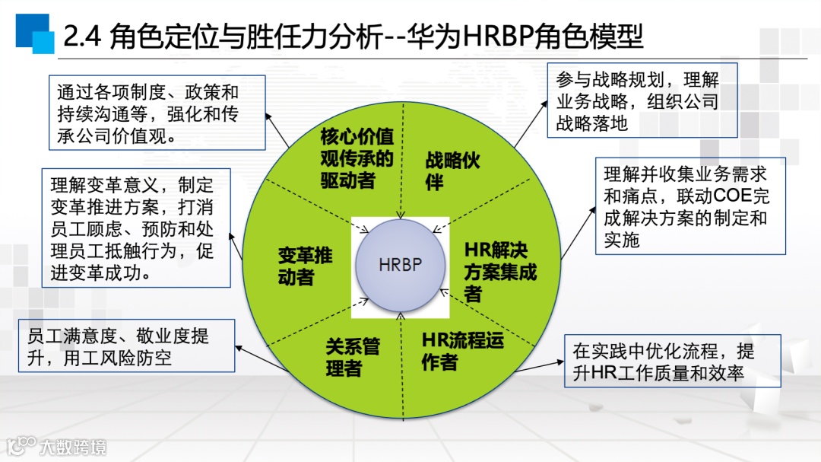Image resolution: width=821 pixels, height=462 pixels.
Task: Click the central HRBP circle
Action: (x=400, y=265)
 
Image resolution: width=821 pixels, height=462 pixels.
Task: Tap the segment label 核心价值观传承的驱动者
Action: (x=357, y=159)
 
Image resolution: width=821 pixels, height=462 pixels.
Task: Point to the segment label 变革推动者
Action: (x=305, y=266)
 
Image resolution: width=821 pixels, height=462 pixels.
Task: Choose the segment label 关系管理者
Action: (x=353, y=358)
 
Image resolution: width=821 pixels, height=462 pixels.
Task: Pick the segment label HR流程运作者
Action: (x=462, y=351)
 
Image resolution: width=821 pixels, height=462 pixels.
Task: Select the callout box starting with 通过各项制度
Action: (x=157, y=113)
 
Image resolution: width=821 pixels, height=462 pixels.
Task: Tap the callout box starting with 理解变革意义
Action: (x=136, y=228)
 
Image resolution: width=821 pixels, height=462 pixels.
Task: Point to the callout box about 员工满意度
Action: (x=126, y=346)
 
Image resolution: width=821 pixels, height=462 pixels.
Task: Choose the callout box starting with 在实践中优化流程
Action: (x=672, y=362)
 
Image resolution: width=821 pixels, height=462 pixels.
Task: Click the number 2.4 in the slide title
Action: (x=83, y=37)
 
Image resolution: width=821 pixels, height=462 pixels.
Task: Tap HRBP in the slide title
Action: (x=498, y=37)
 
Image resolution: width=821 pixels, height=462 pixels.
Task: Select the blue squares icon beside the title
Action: (x=34, y=33)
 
